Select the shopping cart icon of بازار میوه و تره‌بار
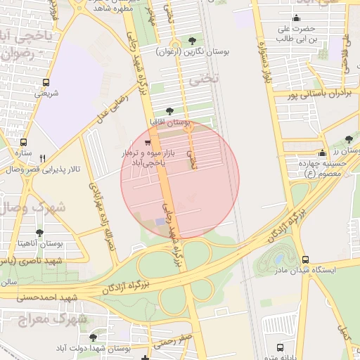pos(147,143)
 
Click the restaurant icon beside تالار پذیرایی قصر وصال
pos(42,158)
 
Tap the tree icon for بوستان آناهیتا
pos(39,232)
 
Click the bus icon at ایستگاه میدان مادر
pos(304,259)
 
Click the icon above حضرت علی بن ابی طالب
pos(296,19)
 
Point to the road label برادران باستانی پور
pos(320,93)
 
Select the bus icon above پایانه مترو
pos(281,348)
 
